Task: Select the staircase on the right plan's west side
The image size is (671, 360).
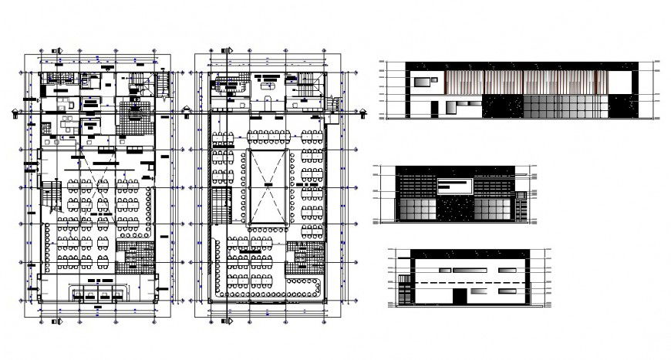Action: [221, 207]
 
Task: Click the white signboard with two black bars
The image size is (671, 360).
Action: [456, 186]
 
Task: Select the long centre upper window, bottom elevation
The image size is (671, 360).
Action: [468, 271]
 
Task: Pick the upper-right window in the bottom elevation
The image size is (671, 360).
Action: [507, 271]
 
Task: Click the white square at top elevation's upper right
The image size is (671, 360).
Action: [619, 80]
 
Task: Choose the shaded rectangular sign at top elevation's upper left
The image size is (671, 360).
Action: [424, 81]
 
